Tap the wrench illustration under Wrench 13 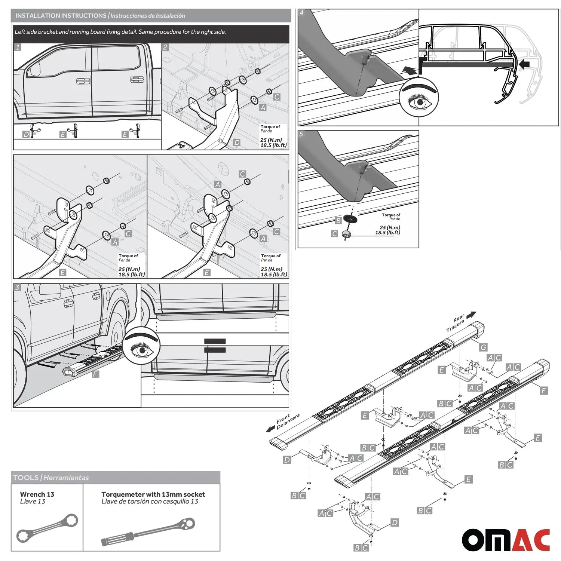click(47, 528)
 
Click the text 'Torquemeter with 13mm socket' click(153, 494)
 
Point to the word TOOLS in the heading click(26, 478)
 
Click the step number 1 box click(18, 47)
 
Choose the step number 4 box click(302, 13)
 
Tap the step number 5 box click(302, 134)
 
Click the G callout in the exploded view click(483, 347)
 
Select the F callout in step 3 click(95, 374)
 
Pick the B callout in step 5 click(338, 220)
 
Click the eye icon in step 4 click(419, 98)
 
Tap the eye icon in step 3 click(142, 348)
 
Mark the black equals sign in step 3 click(215, 346)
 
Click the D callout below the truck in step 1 click(26, 134)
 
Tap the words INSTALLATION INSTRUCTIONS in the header click(61, 16)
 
